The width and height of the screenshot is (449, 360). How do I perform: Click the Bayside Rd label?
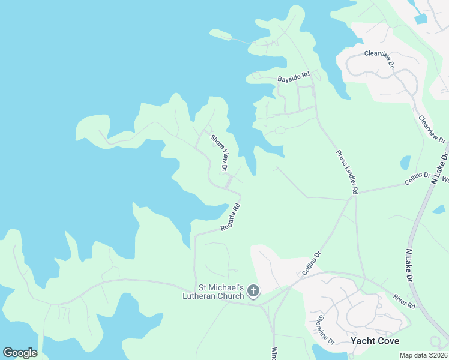pos(293,78)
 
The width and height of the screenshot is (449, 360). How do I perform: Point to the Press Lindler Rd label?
pos(347,172)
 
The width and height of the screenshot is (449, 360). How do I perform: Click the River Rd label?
pos(405,301)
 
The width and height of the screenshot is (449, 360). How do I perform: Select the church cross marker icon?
pos(253,292)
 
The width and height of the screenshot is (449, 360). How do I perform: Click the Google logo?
pos(20,353)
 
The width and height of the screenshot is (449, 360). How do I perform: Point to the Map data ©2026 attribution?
pos(423,355)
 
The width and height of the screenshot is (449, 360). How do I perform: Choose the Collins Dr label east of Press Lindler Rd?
pos(418,178)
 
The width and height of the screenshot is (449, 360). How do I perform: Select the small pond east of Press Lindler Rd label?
pos(405,163)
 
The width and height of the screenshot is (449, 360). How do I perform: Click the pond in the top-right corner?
pos(420,18)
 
